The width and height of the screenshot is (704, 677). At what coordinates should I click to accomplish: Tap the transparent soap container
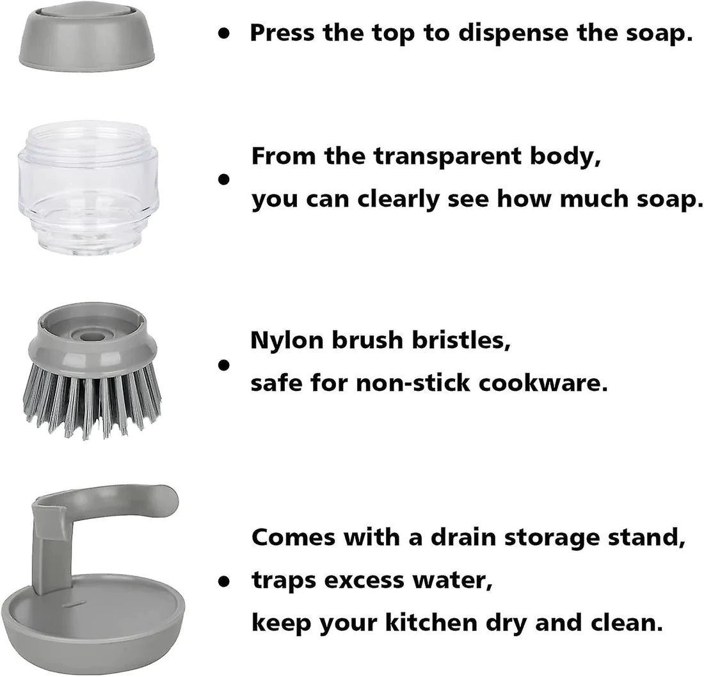(88, 187)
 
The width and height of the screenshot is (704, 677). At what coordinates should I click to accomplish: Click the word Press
(282, 33)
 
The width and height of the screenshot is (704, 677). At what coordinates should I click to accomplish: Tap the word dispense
(513, 34)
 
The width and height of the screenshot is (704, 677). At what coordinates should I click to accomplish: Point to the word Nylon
(287, 341)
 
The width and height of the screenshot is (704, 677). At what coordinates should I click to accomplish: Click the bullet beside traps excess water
(223, 582)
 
